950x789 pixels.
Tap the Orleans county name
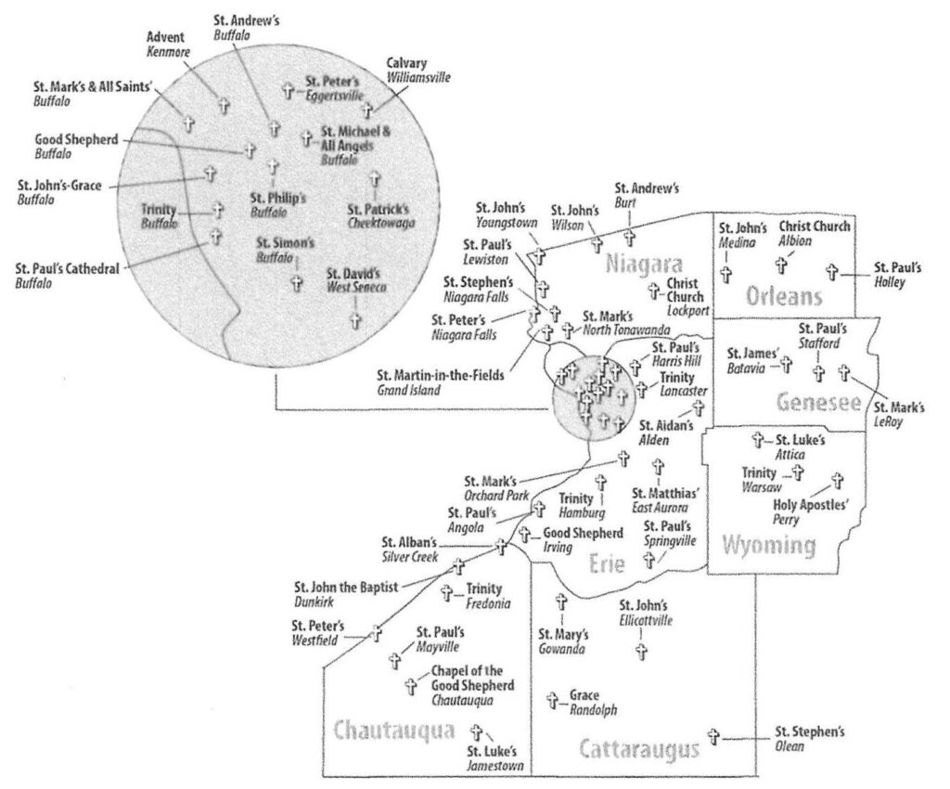[x=784, y=296]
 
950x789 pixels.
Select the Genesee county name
[x=819, y=402]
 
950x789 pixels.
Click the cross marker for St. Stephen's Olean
[x=714, y=736]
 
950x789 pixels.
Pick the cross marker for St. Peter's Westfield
[x=376, y=634]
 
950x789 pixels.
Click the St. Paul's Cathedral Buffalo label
[x=67, y=276]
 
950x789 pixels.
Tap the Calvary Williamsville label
[x=417, y=71]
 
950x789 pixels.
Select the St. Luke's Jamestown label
[x=492, y=758]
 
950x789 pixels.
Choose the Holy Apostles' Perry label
[x=811, y=512]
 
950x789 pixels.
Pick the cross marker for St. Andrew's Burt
[x=629, y=236]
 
